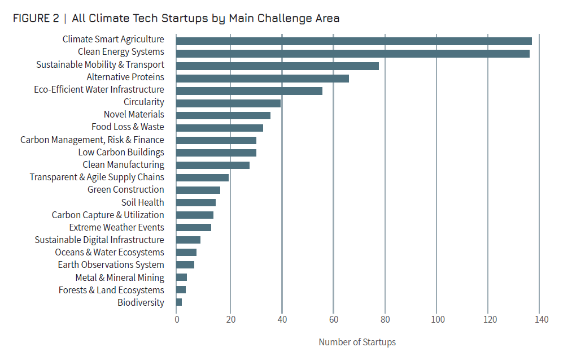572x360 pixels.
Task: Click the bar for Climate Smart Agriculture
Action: click(x=353, y=41)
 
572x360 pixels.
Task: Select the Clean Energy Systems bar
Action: click(x=352, y=53)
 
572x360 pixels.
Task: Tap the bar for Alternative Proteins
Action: click(x=262, y=78)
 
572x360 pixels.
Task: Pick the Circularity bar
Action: click(x=228, y=103)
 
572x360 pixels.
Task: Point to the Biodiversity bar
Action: click(x=179, y=302)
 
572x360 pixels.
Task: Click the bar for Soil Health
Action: click(x=195, y=202)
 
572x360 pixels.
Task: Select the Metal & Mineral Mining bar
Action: click(x=181, y=277)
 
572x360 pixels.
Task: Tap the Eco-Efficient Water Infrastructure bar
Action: click(x=249, y=90)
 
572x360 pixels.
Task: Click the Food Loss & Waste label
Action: click(x=128, y=127)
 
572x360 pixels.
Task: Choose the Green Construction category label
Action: click(x=125, y=190)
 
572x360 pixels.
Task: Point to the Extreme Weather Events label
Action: click(x=116, y=227)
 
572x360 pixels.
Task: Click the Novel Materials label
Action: click(x=134, y=115)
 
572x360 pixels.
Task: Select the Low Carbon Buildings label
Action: click(x=121, y=152)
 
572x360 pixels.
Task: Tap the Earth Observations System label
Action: click(x=111, y=264)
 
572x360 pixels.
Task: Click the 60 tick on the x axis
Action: click(x=333, y=320)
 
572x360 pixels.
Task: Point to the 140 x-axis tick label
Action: click(x=540, y=320)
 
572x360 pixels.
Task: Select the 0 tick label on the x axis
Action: click(x=177, y=320)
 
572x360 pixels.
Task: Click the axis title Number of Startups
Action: click(x=357, y=342)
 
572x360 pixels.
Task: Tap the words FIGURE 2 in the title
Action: click(x=36, y=18)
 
